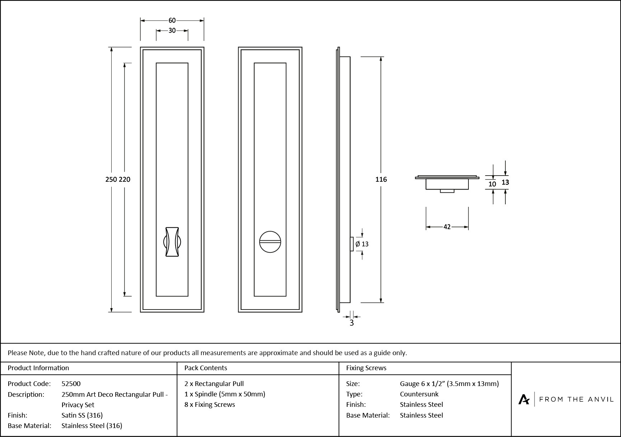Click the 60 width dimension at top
point(172,20)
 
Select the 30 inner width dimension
point(172,31)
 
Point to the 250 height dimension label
point(111,179)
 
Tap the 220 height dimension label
point(125,179)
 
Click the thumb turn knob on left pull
point(172,242)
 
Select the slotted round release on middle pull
point(270,242)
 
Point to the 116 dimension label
point(381,179)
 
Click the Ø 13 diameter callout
point(362,244)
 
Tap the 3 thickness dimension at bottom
point(351,323)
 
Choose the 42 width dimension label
point(447,227)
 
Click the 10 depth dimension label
point(492,184)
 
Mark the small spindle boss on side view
point(352,244)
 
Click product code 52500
point(71,383)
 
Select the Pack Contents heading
point(206,368)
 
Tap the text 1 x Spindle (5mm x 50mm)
point(225,394)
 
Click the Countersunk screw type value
point(419,394)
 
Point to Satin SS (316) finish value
point(82,415)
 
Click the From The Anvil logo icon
point(524,399)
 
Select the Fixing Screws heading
point(366,368)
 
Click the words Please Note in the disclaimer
point(26,353)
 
